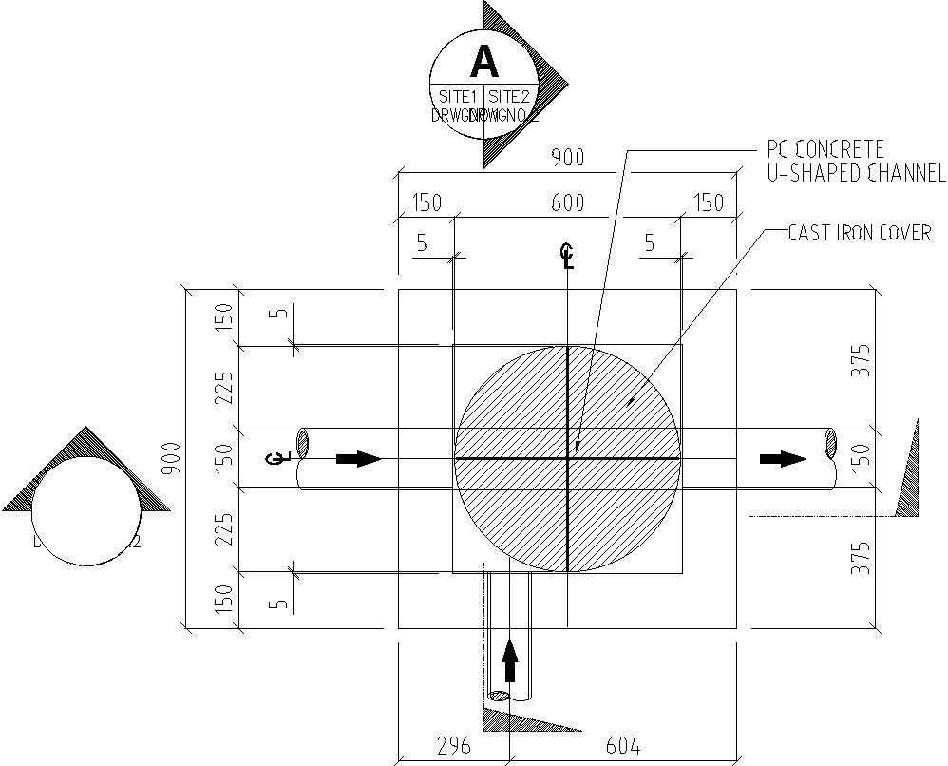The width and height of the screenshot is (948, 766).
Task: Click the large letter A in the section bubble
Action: coord(484,62)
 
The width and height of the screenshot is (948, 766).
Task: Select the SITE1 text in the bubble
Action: coord(457,97)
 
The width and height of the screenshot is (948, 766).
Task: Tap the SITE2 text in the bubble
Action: coord(510,97)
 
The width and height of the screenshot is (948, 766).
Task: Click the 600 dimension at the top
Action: coord(568,202)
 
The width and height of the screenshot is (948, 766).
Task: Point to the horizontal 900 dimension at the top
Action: coord(568,158)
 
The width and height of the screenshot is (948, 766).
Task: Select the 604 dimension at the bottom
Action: coord(622,745)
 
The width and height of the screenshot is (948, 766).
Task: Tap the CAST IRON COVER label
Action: coord(860,233)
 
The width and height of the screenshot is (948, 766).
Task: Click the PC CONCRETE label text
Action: coord(825,149)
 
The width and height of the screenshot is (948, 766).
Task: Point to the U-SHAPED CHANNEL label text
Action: coord(856,173)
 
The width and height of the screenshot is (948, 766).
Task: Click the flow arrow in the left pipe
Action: coord(358,459)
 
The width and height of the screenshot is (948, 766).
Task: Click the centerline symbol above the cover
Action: coord(567,256)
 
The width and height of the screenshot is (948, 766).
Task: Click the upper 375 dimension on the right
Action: coord(861,361)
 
